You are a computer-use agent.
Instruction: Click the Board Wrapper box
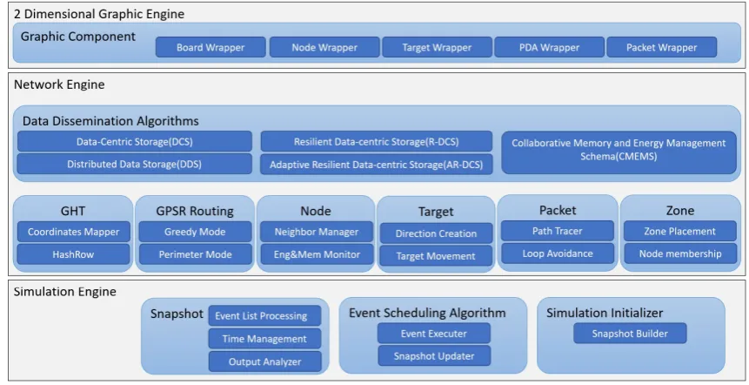pyautogui.click(x=211, y=47)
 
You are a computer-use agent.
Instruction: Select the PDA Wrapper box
pyautogui.click(x=549, y=47)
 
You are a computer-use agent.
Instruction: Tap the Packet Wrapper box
pyautogui.click(x=662, y=47)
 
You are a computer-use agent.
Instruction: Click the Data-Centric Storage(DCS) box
pyautogui.click(x=135, y=142)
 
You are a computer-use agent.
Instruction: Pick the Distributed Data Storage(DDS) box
pyautogui.click(x=135, y=164)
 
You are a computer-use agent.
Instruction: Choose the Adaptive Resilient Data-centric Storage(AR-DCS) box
pyautogui.click(x=377, y=165)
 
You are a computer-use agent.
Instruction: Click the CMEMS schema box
pyautogui.click(x=619, y=152)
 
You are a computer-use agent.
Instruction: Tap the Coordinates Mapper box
pyautogui.click(x=74, y=232)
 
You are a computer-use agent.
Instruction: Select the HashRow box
pyautogui.click(x=74, y=254)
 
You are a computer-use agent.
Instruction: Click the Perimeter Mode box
pyautogui.click(x=196, y=254)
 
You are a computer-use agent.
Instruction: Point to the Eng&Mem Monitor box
pyautogui.click(x=317, y=254)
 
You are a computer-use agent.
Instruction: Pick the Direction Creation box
pyautogui.click(x=436, y=233)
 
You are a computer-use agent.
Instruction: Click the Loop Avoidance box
pyautogui.click(x=558, y=253)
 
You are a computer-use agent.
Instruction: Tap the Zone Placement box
pyautogui.click(x=680, y=231)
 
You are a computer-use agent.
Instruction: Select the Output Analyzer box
pyautogui.click(x=264, y=361)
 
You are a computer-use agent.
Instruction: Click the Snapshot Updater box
pyautogui.click(x=434, y=356)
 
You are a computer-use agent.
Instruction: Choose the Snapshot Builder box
pyautogui.click(x=630, y=334)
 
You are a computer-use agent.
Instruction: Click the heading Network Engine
pyautogui.click(x=59, y=84)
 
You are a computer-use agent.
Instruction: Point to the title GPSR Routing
pyautogui.click(x=195, y=211)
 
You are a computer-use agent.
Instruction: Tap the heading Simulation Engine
pyautogui.click(x=65, y=292)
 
